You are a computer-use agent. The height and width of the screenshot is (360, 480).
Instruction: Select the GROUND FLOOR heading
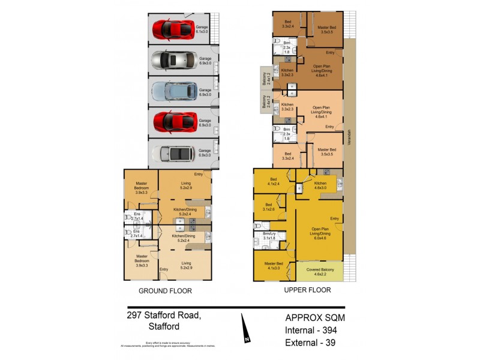[165, 291]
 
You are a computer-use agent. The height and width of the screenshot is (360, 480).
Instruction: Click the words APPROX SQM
[315, 317]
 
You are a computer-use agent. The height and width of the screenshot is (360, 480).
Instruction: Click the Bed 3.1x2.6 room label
[268, 207]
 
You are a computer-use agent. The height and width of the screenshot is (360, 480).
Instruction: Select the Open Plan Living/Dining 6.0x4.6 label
[318, 233]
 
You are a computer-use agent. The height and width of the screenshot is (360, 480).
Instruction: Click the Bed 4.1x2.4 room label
[273, 181]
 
